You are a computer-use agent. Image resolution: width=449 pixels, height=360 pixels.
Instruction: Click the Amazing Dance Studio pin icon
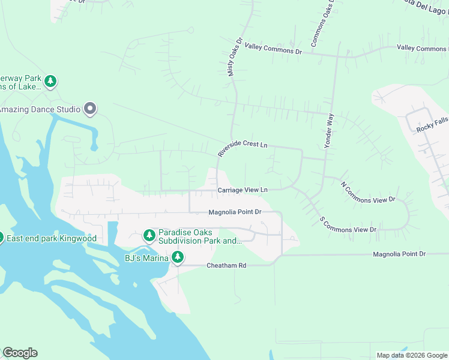90,108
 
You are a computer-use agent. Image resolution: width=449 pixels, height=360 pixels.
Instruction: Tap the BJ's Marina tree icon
178,257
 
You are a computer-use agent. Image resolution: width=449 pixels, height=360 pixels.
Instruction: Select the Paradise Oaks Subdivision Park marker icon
149,235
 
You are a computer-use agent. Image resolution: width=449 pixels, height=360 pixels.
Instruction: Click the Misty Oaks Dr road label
234,58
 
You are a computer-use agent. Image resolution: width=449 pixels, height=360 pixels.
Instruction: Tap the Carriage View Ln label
242,190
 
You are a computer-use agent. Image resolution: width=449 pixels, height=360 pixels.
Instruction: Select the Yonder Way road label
328,130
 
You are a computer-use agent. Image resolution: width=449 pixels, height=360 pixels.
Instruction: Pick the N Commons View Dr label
368,192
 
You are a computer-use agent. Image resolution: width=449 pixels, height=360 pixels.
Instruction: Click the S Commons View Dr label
348,226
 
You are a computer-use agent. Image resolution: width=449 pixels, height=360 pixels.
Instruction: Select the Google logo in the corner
20,353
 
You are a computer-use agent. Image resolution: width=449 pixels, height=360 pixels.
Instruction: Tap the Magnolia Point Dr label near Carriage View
235,212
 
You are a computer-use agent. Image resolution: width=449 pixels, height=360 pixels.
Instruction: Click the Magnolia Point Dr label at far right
399,254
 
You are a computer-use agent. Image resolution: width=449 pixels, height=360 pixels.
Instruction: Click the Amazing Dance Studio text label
40,109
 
